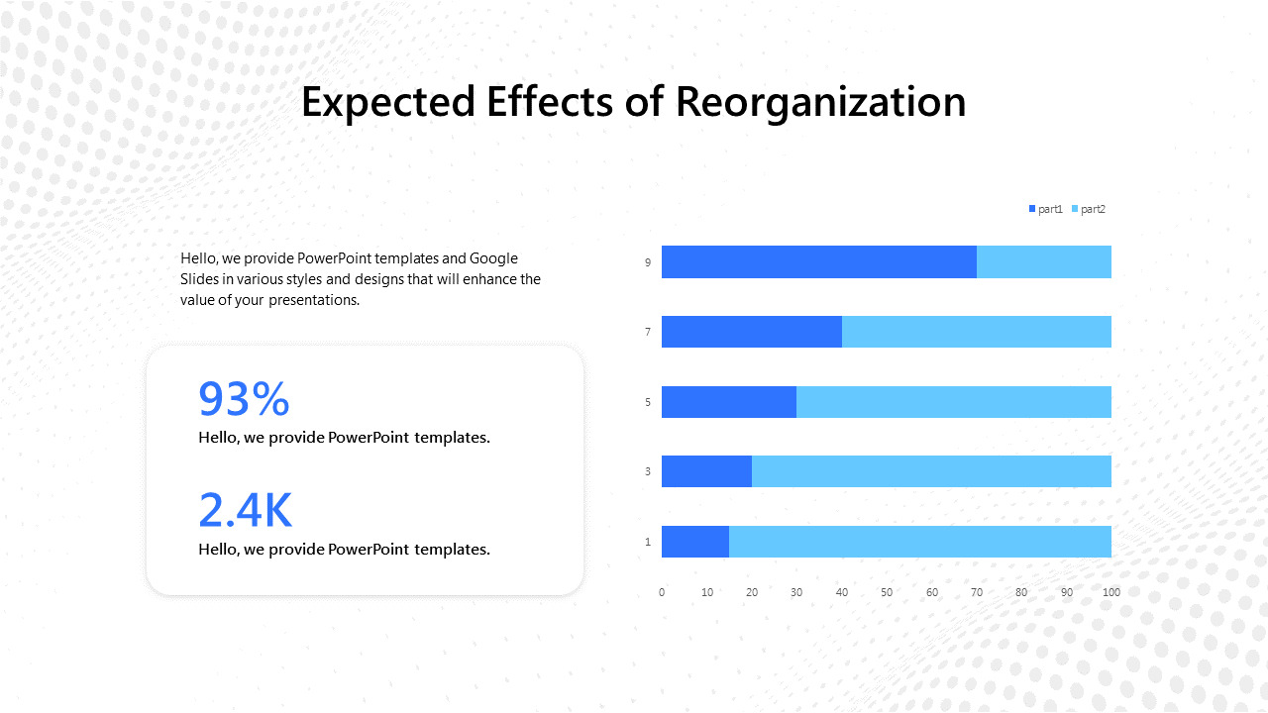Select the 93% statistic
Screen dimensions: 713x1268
tap(244, 398)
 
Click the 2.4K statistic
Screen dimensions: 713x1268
tap(245, 510)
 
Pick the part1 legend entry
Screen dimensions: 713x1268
tap(1045, 209)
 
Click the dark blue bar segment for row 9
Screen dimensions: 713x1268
tap(818, 262)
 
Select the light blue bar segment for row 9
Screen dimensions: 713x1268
tap(1043, 262)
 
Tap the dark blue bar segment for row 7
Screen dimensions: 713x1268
tap(751, 332)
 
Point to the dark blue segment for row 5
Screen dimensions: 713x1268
tap(728, 402)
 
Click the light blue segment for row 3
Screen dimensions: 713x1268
tap(931, 471)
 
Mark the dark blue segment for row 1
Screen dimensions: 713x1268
tap(694, 542)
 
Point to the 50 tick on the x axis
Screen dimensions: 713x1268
tap(887, 592)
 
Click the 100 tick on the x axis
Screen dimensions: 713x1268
tap(1111, 592)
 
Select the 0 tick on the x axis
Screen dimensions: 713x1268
tap(662, 592)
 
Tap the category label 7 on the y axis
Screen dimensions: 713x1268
tap(648, 332)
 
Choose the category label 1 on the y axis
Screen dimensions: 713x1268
tap(648, 542)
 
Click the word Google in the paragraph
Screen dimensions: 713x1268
tap(493, 258)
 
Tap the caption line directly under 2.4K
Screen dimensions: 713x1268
tap(344, 549)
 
